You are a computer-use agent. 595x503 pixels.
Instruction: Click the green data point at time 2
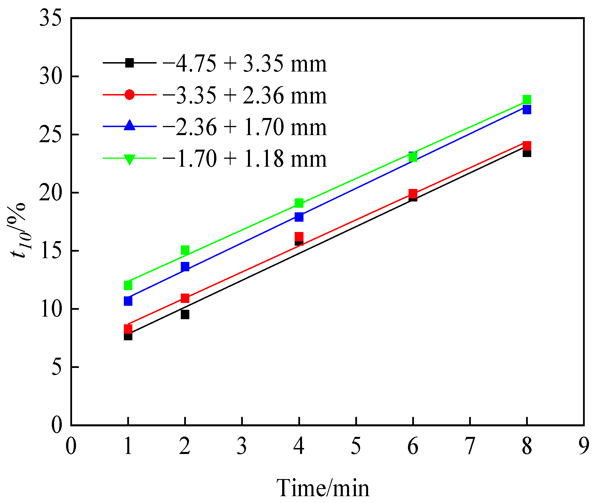185,250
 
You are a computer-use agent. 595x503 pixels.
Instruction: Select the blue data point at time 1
128,301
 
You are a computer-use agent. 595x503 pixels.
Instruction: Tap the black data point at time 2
185,315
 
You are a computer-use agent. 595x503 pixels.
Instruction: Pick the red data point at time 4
299,237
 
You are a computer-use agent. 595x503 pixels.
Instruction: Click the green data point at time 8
527,100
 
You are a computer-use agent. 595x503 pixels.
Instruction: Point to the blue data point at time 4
299,217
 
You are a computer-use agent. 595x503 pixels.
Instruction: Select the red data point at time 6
413,194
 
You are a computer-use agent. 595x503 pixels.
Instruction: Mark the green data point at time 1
128,285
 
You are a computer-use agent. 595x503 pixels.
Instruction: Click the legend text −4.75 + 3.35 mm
244,64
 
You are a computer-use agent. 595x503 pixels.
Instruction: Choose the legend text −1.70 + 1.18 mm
244,159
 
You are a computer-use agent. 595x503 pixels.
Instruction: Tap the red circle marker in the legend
129,95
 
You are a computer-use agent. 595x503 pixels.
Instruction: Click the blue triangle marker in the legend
129,126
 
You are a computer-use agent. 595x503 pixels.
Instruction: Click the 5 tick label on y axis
56,367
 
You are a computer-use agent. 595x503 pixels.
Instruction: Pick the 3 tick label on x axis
242,447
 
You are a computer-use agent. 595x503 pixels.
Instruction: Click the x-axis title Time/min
323,488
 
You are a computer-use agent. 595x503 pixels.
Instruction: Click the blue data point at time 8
527,109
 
